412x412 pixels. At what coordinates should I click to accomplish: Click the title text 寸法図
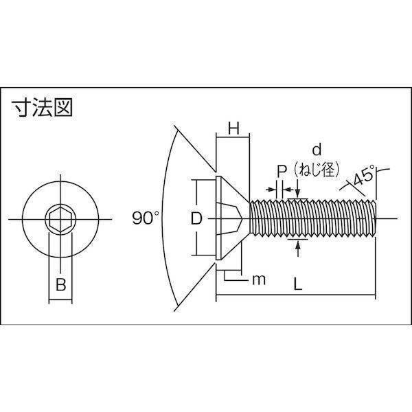click(x=41, y=108)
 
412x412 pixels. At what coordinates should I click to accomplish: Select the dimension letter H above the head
click(x=233, y=129)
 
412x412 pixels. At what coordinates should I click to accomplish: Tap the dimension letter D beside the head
click(x=196, y=218)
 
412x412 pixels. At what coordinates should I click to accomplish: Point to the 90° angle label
click(x=146, y=218)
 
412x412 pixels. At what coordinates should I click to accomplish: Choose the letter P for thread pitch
click(x=282, y=171)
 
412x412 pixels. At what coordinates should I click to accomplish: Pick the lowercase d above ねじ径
click(x=317, y=150)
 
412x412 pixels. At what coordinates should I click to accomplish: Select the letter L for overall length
click(x=297, y=284)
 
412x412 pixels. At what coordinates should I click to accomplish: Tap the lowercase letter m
click(x=259, y=279)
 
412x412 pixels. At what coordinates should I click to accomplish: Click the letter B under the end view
click(x=60, y=284)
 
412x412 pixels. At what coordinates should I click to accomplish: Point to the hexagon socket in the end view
click(x=60, y=219)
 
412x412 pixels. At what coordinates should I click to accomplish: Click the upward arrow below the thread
click(x=298, y=249)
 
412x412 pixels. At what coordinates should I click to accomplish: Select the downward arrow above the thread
click(x=297, y=188)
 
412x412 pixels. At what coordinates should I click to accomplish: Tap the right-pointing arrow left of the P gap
click(x=271, y=190)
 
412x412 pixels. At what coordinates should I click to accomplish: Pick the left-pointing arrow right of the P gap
click(x=288, y=190)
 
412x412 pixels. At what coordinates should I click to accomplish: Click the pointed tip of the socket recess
click(x=242, y=218)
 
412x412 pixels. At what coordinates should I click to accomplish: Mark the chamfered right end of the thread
click(x=374, y=218)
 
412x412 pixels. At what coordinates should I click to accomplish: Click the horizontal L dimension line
click(x=295, y=295)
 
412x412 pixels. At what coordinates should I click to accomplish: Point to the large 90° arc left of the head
click(x=162, y=218)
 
